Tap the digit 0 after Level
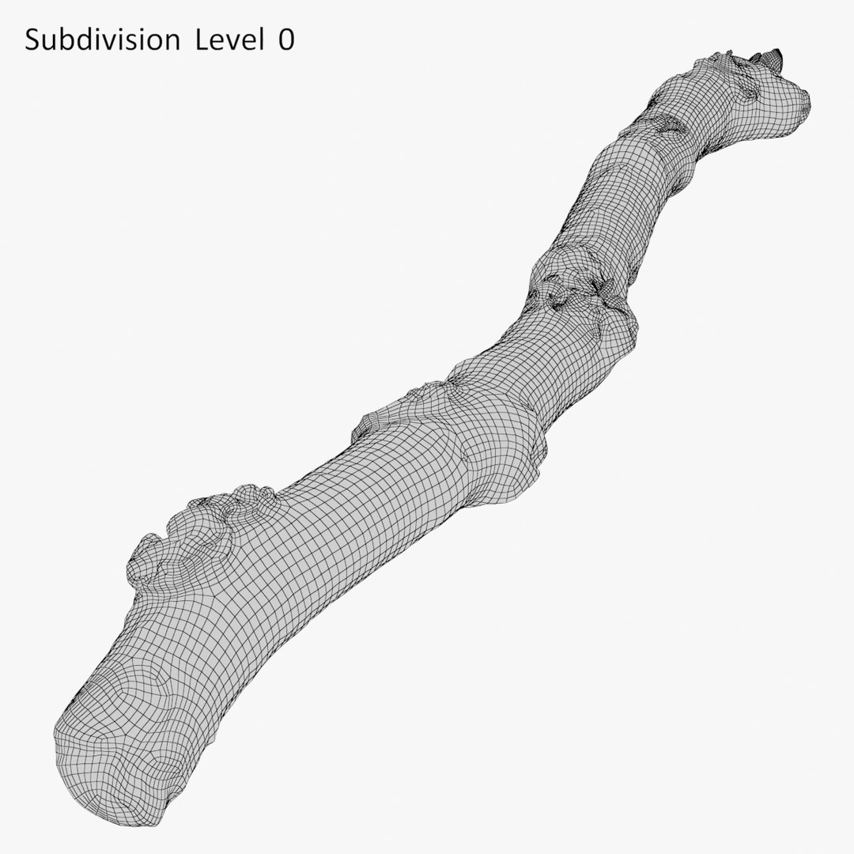[x=285, y=41]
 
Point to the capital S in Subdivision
[x=32, y=41]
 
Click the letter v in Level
[x=229, y=43]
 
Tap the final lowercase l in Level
[x=261, y=41]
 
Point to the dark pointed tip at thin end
[x=773, y=56]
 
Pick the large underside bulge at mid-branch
[x=506, y=459]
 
